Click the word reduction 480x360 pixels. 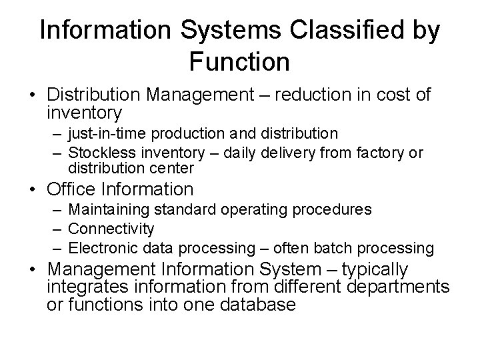click(x=297, y=95)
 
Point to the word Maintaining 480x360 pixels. click(x=110, y=210)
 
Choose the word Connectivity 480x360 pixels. click(x=111, y=229)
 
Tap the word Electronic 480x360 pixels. click(x=102, y=248)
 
